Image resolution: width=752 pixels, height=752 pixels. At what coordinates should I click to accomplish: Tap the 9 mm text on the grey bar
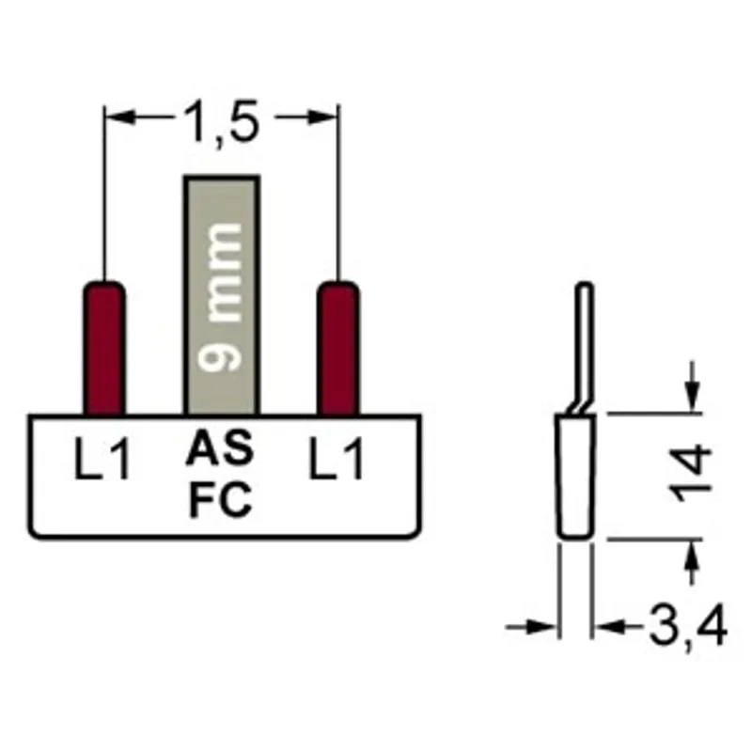[220, 297]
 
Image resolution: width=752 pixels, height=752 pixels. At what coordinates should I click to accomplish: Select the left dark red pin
[104, 348]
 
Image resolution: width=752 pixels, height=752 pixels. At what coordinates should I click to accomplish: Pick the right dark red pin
[338, 348]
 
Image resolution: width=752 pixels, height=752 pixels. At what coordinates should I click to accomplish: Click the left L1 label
[102, 459]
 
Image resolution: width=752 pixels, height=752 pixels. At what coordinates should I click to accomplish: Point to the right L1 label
[336, 459]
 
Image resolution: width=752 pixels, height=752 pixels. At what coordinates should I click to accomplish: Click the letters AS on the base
[220, 448]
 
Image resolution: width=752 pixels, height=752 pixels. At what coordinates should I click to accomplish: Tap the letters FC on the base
[221, 500]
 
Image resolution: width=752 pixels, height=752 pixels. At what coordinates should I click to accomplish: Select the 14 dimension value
[692, 474]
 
